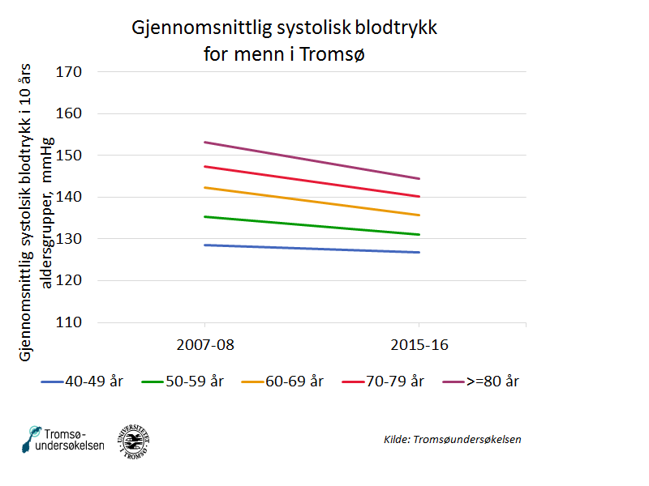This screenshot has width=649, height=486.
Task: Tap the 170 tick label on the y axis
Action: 69,72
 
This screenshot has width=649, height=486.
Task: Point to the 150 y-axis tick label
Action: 69,156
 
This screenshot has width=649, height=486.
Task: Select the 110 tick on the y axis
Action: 69,322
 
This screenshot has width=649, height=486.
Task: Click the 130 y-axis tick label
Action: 69,239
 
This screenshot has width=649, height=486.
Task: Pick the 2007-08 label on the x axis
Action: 204,345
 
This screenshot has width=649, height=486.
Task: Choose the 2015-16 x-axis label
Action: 419,345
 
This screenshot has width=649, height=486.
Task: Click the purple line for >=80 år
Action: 312,160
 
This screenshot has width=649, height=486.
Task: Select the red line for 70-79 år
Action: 312,181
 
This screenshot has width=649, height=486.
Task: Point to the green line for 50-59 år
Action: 312,226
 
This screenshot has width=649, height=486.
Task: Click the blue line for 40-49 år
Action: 312,249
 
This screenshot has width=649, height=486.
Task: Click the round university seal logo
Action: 133,439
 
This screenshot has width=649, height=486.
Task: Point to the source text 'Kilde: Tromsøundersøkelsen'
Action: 452,439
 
